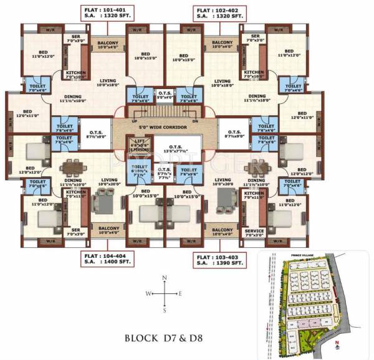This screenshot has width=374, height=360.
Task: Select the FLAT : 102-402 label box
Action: point(220,13)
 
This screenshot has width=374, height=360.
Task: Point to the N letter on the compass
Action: point(164,278)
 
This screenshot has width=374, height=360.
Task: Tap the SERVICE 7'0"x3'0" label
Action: point(254,233)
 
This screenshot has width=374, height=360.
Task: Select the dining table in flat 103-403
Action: point(254,168)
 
